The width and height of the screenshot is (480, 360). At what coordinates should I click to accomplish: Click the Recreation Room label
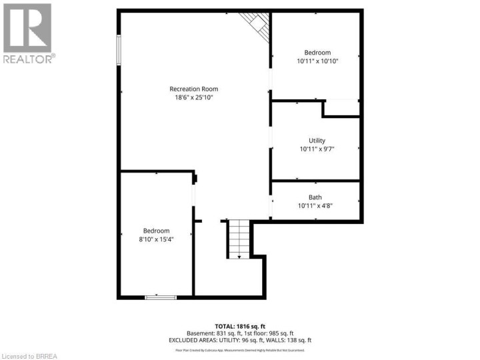193,89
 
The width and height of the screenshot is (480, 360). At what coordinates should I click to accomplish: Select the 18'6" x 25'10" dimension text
193,97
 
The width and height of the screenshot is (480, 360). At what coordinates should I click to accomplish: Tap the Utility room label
317,141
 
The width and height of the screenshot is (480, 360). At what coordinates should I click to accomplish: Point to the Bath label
315,197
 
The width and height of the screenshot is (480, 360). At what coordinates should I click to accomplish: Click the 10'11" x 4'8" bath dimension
315,205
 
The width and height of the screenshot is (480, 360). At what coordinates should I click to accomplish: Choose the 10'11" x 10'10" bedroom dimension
317,61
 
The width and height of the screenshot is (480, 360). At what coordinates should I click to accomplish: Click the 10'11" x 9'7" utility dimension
317,149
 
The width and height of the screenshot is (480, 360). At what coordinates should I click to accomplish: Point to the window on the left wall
119,50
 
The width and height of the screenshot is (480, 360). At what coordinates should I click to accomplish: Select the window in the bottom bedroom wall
161,297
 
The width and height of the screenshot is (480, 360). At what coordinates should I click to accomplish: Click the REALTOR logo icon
27,28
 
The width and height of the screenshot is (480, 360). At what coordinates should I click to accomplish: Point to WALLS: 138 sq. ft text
288,340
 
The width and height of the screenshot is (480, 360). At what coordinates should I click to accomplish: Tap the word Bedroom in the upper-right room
317,53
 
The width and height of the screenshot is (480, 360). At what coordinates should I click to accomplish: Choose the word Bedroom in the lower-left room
156,231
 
